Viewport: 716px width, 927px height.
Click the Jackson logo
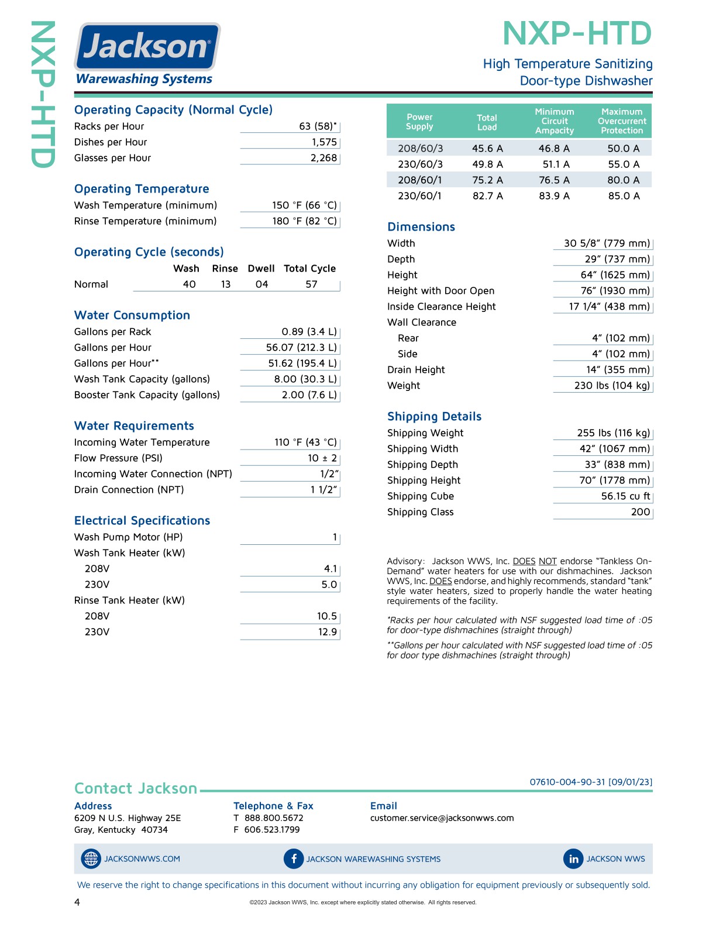click(x=147, y=47)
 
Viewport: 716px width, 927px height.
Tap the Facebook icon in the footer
click(x=293, y=859)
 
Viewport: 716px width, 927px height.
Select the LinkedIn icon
click(x=573, y=859)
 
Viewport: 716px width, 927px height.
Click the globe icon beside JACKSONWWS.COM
click(x=91, y=859)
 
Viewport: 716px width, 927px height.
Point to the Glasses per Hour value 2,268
click(x=323, y=158)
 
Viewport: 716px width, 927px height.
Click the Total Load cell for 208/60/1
click(x=487, y=180)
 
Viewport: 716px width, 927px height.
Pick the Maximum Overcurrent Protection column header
click(x=622, y=121)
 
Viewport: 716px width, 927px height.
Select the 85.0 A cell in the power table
click(x=624, y=196)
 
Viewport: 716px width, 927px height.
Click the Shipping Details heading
click(x=434, y=417)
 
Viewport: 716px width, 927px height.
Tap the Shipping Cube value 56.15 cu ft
click(x=625, y=496)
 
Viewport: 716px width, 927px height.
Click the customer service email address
click(x=442, y=818)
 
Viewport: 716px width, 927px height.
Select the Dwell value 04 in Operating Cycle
click(x=261, y=284)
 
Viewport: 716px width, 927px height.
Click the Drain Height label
click(x=416, y=370)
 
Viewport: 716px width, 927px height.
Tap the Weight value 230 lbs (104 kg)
click(x=612, y=386)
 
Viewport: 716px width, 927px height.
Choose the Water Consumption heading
click(x=132, y=315)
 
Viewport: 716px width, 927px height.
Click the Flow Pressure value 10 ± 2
click(x=322, y=458)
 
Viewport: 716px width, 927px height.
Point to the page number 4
click(x=77, y=902)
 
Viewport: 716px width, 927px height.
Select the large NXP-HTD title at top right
click(x=577, y=34)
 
